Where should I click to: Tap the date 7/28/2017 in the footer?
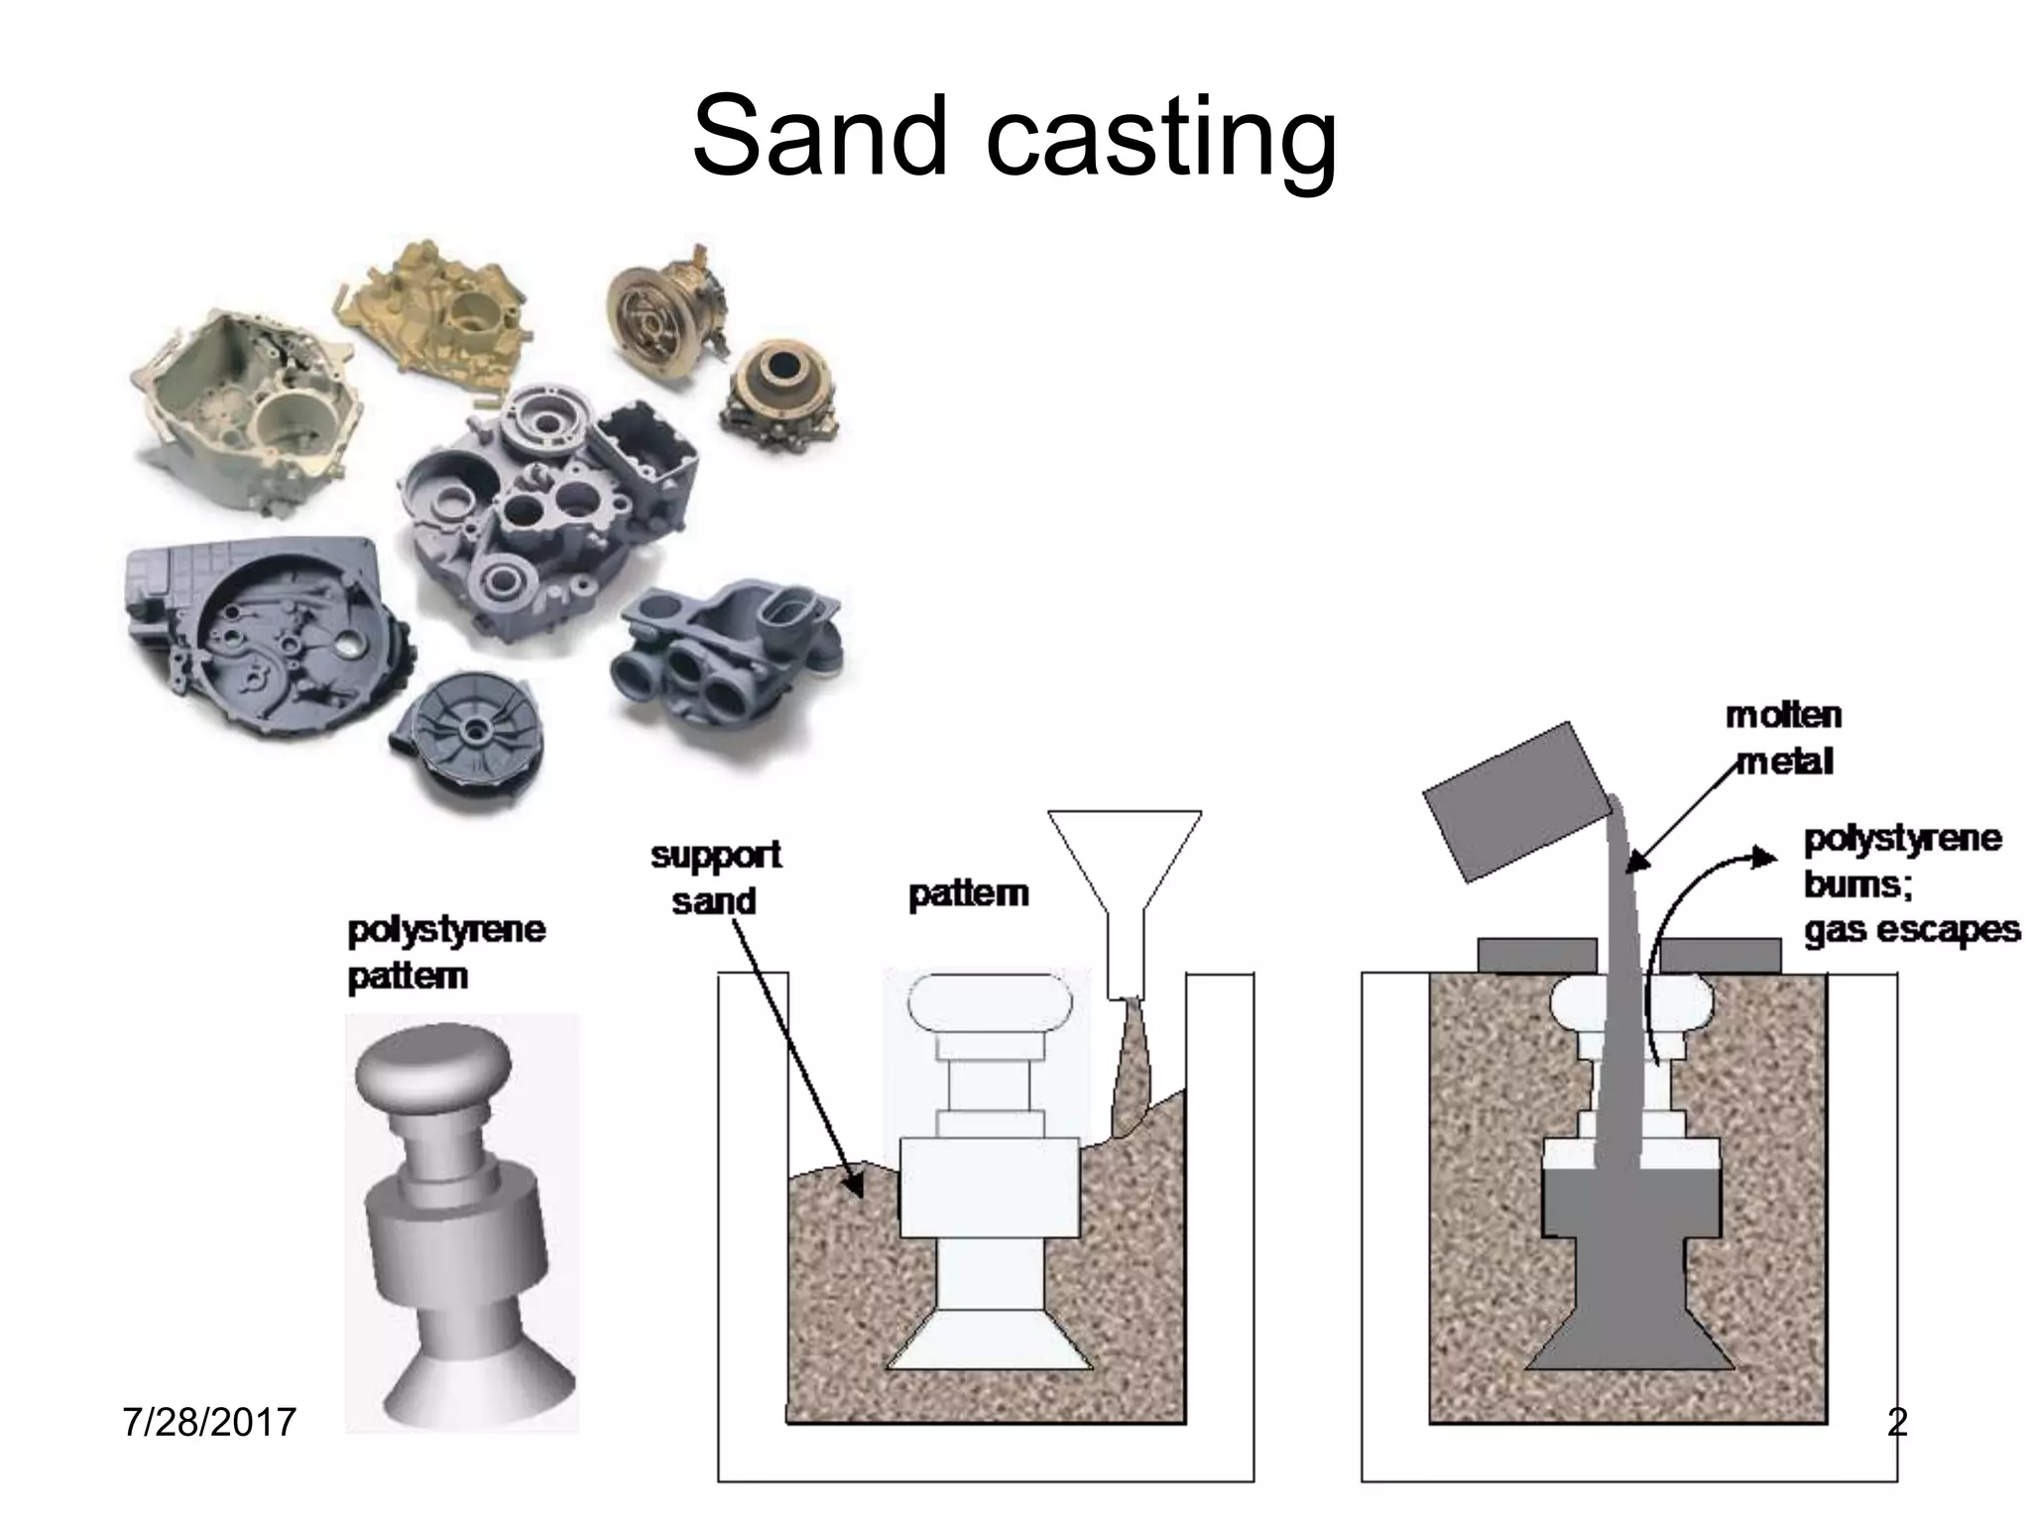209,1422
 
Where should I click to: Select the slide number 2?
1896,1422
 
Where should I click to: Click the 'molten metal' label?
1783,739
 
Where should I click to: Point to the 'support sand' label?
716,878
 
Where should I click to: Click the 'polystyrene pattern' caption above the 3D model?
445,953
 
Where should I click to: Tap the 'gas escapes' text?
1911,930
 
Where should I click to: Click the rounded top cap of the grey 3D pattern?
433,1070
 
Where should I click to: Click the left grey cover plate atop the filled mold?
1536,956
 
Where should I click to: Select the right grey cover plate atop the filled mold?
1721,956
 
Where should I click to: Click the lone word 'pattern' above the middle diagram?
968,894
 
